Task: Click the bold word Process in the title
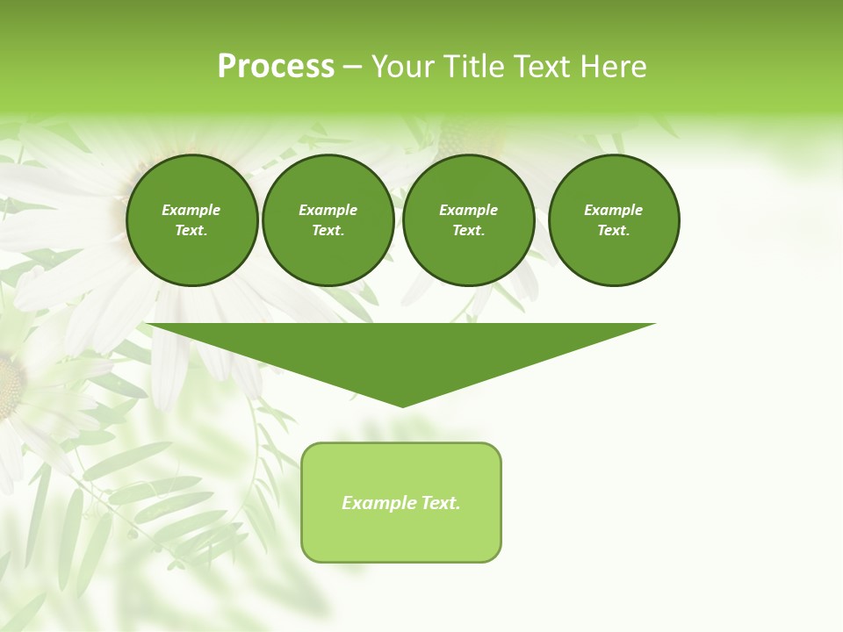[x=276, y=67]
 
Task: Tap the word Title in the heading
[x=471, y=67]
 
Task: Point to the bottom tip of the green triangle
[x=402, y=406]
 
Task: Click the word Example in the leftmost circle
[x=191, y=210]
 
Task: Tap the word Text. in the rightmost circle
[x=614, y=230]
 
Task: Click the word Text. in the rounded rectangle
[x=440, y=503]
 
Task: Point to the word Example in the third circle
[x=468, y=210]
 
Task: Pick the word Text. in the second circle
[x=328, y=230]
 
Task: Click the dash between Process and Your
[x=352, y=67]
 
